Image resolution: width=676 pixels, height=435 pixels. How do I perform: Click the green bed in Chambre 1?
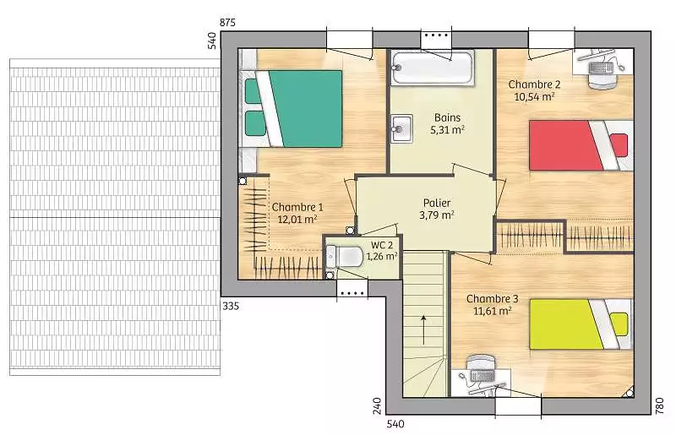click(x=293, y=109)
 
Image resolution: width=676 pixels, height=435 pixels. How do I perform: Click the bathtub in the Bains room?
click(x=433, y=68)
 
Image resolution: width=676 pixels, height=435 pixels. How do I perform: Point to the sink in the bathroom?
click(x=402, y=128)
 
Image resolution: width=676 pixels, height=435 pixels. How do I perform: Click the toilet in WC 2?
click(x=344, y=257)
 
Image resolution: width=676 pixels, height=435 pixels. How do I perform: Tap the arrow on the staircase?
click(x=424, y=329)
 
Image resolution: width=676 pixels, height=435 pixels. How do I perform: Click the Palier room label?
click(x=437, y=203)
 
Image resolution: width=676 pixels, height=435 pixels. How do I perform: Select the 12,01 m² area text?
click(x=297, y=219)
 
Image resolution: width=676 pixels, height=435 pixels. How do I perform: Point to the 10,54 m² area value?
click(x=534, y=96)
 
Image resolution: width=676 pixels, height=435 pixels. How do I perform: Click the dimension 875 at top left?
click(x=227, y=23)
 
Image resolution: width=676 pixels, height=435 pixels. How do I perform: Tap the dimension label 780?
click(x=660, y=406)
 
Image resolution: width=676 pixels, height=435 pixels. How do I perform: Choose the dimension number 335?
click(x=231, y=306)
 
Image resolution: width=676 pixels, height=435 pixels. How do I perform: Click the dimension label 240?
click(x=377, y=406)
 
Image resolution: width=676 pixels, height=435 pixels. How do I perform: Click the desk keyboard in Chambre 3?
click(x=482, y=376)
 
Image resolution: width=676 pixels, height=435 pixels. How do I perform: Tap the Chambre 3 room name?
click(x=493, y=299)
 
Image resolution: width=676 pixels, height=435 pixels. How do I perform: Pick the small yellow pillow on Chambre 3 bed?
click(x=619, y=324)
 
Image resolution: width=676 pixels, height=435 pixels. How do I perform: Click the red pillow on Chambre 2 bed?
click(x=619, y=145)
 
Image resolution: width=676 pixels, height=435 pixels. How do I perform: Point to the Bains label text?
click(x=448, y=117)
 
